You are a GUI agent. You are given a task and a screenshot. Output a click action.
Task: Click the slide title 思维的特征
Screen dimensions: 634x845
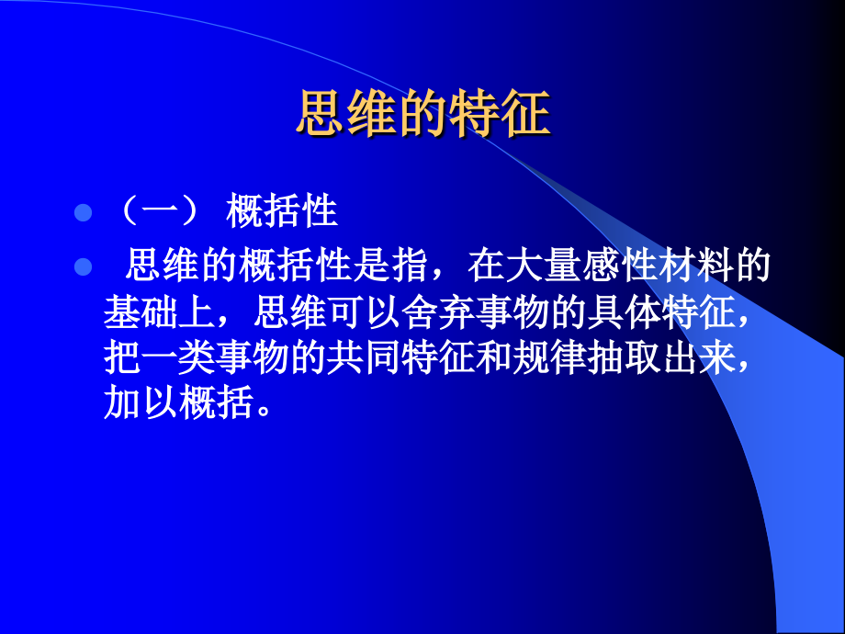(x=422, y=115)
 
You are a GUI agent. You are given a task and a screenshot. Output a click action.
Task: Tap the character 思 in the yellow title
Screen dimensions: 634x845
(x=317, y=115)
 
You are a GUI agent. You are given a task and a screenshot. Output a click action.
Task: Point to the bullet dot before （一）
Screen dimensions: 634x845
(x=83, y=213)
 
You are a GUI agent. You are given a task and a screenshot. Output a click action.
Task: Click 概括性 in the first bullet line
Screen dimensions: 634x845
(x=282, y=213)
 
